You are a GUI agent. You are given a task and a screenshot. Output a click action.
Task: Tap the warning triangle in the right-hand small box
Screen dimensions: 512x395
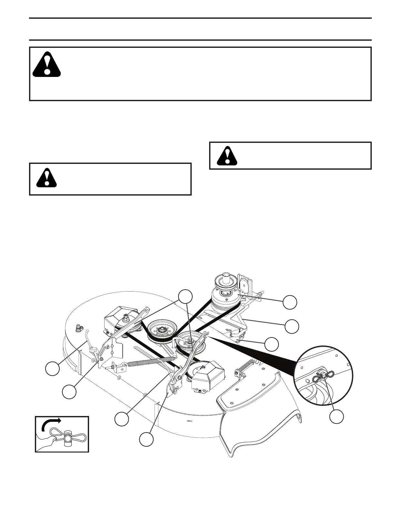pyautogui.click(x=227, y=156)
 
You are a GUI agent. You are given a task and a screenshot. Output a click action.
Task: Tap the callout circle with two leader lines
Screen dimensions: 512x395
pyautogui.click(x=186, y=297)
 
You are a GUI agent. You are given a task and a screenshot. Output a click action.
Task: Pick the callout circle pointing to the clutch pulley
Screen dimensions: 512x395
pyautogui.click(x=290, y=302)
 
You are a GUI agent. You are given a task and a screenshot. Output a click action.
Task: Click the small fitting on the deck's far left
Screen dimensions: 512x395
pyautogui.click(x=77, y=328)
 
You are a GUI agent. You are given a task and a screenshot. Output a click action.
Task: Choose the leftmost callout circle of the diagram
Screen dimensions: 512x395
pyautogui.click(x=52, y=368)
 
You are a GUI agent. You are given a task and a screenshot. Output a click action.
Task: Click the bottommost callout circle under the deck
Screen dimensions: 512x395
pyautogui.click(x=147, y=440)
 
